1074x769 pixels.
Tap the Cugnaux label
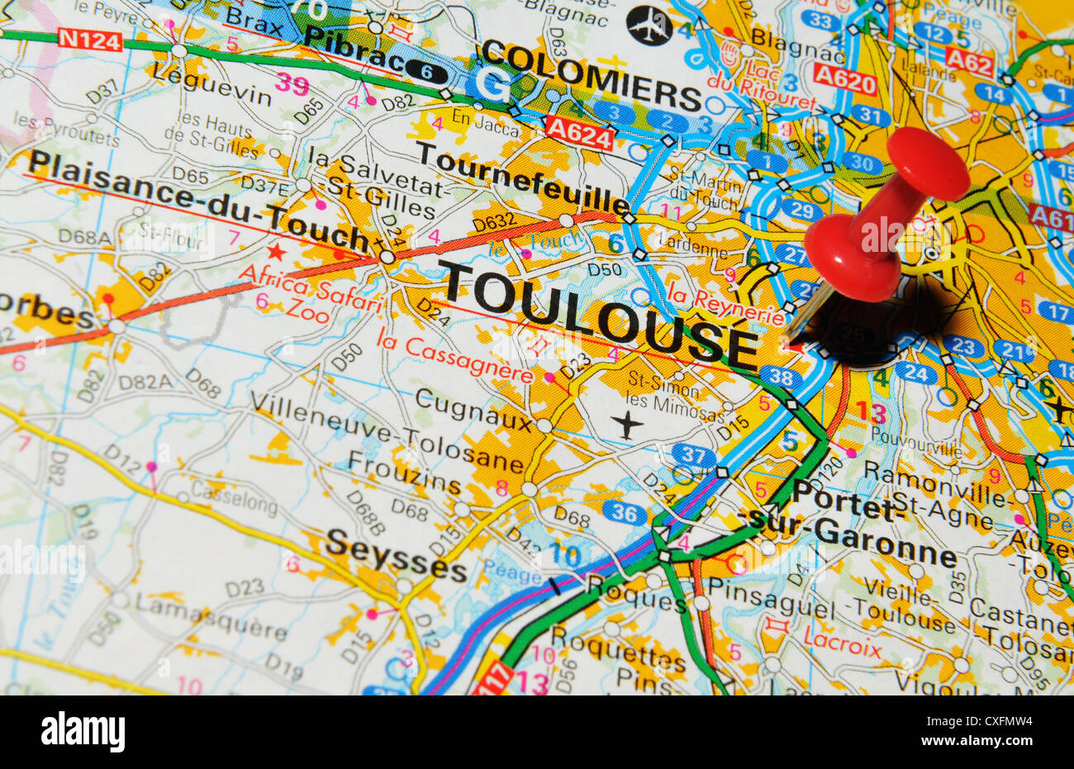pos(473,410)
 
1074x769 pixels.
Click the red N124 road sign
pos(89,39)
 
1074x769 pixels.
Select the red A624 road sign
pos(580,131)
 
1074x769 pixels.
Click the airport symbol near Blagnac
pos(649,25)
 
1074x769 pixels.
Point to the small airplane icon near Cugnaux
pos(628,425)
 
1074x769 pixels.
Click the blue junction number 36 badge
pos(625,513)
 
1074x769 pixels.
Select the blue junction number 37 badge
pos(693,454)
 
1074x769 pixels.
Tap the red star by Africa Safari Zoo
pos(276,251)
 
